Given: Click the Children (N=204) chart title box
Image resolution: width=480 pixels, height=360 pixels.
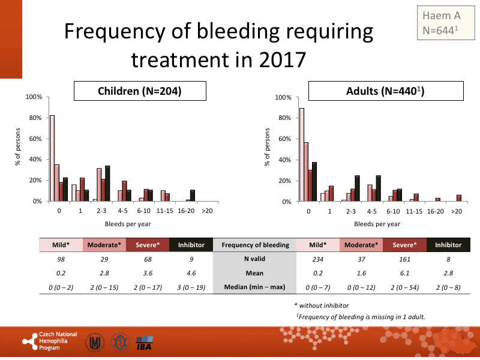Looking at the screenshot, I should point(140,91).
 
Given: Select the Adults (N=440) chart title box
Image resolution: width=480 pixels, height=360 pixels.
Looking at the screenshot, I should point(385,91).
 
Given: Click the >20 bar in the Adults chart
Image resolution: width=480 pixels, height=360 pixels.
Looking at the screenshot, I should point(459,198).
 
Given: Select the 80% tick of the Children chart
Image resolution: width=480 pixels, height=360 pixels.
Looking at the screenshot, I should point(34,118).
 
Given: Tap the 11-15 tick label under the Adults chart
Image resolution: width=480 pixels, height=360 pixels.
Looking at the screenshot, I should point(415,211).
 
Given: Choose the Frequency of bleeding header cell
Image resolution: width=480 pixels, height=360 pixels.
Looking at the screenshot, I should point(255,245).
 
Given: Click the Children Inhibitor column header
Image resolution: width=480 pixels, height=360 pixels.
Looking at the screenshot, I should point(191,245).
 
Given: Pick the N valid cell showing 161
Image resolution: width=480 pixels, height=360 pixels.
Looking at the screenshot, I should point(405,259).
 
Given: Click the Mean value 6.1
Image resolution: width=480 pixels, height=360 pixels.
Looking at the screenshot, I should point(405,273).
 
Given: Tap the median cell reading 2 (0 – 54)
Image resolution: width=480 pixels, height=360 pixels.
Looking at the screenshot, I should point(405,287).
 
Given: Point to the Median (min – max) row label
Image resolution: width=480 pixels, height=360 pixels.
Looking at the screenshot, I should point(255,287).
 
